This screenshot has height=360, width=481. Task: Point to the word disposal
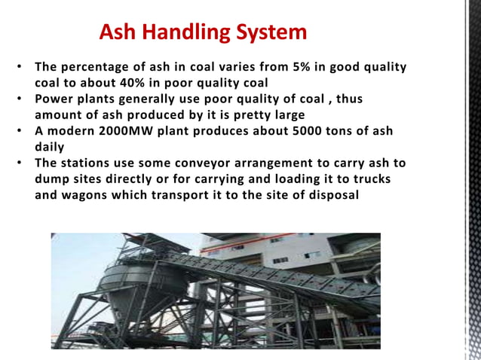[x=332, y=195]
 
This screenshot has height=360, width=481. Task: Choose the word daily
[x=50, y=147]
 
